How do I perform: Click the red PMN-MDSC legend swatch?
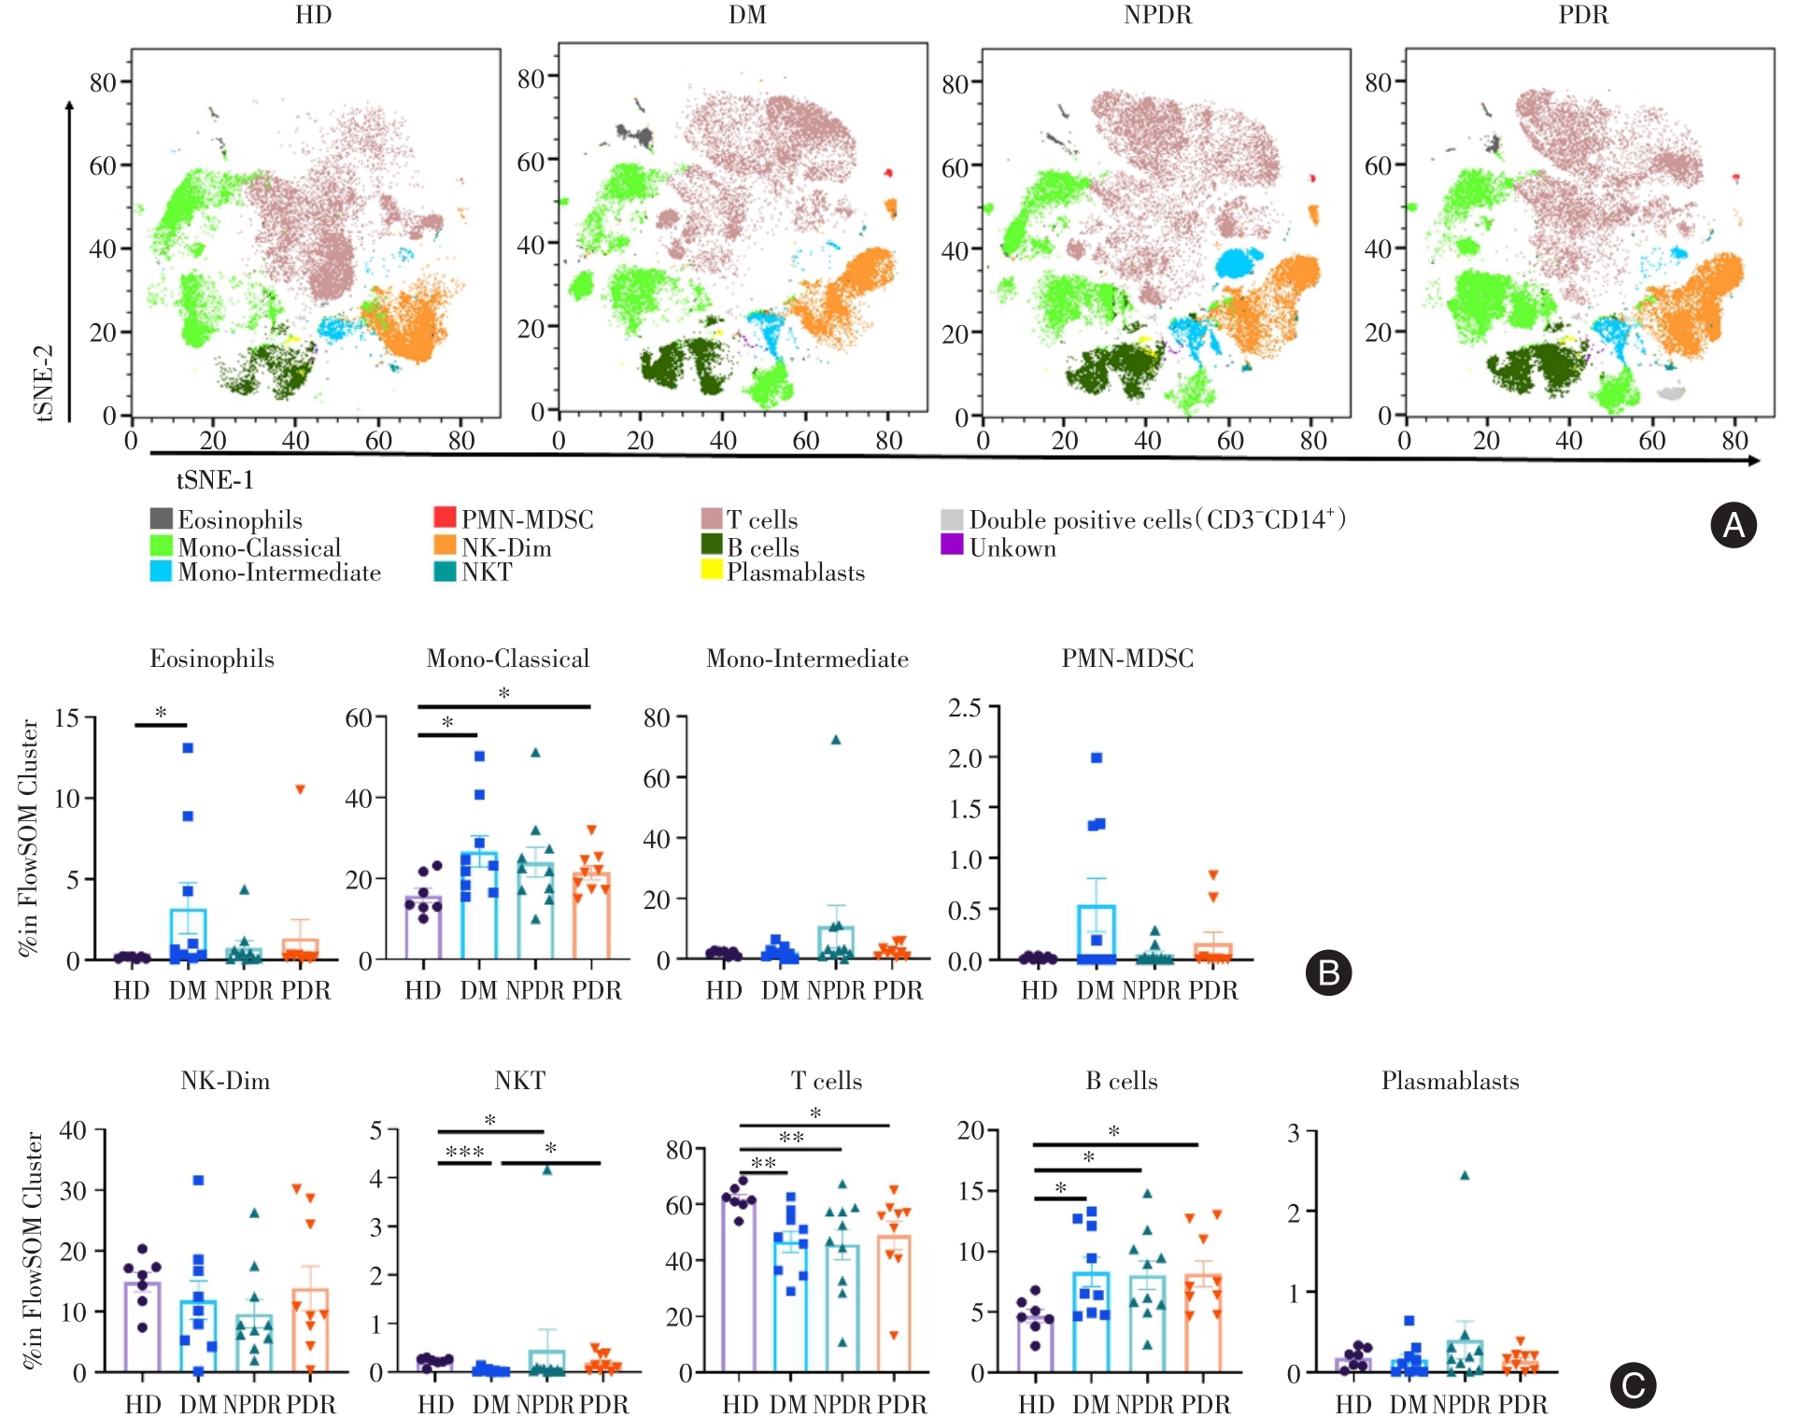445,518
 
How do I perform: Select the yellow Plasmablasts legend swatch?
712,570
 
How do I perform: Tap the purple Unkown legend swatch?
952,545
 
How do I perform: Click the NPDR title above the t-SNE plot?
1157,15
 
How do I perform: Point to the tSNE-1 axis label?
215,480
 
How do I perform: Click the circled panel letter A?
1733,525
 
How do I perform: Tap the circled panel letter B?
1328,972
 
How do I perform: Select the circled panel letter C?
1633,1385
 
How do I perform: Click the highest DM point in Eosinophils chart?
188,747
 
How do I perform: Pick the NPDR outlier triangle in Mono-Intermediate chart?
836,740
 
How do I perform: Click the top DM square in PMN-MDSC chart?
1097,758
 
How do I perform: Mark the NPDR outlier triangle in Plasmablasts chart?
1465,1176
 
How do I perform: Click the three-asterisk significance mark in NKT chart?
464,1152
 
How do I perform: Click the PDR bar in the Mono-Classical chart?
591,916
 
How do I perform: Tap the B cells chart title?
1121,1081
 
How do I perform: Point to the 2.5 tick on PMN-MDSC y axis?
965,708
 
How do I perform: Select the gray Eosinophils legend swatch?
161,518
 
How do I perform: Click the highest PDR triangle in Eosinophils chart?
301,789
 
